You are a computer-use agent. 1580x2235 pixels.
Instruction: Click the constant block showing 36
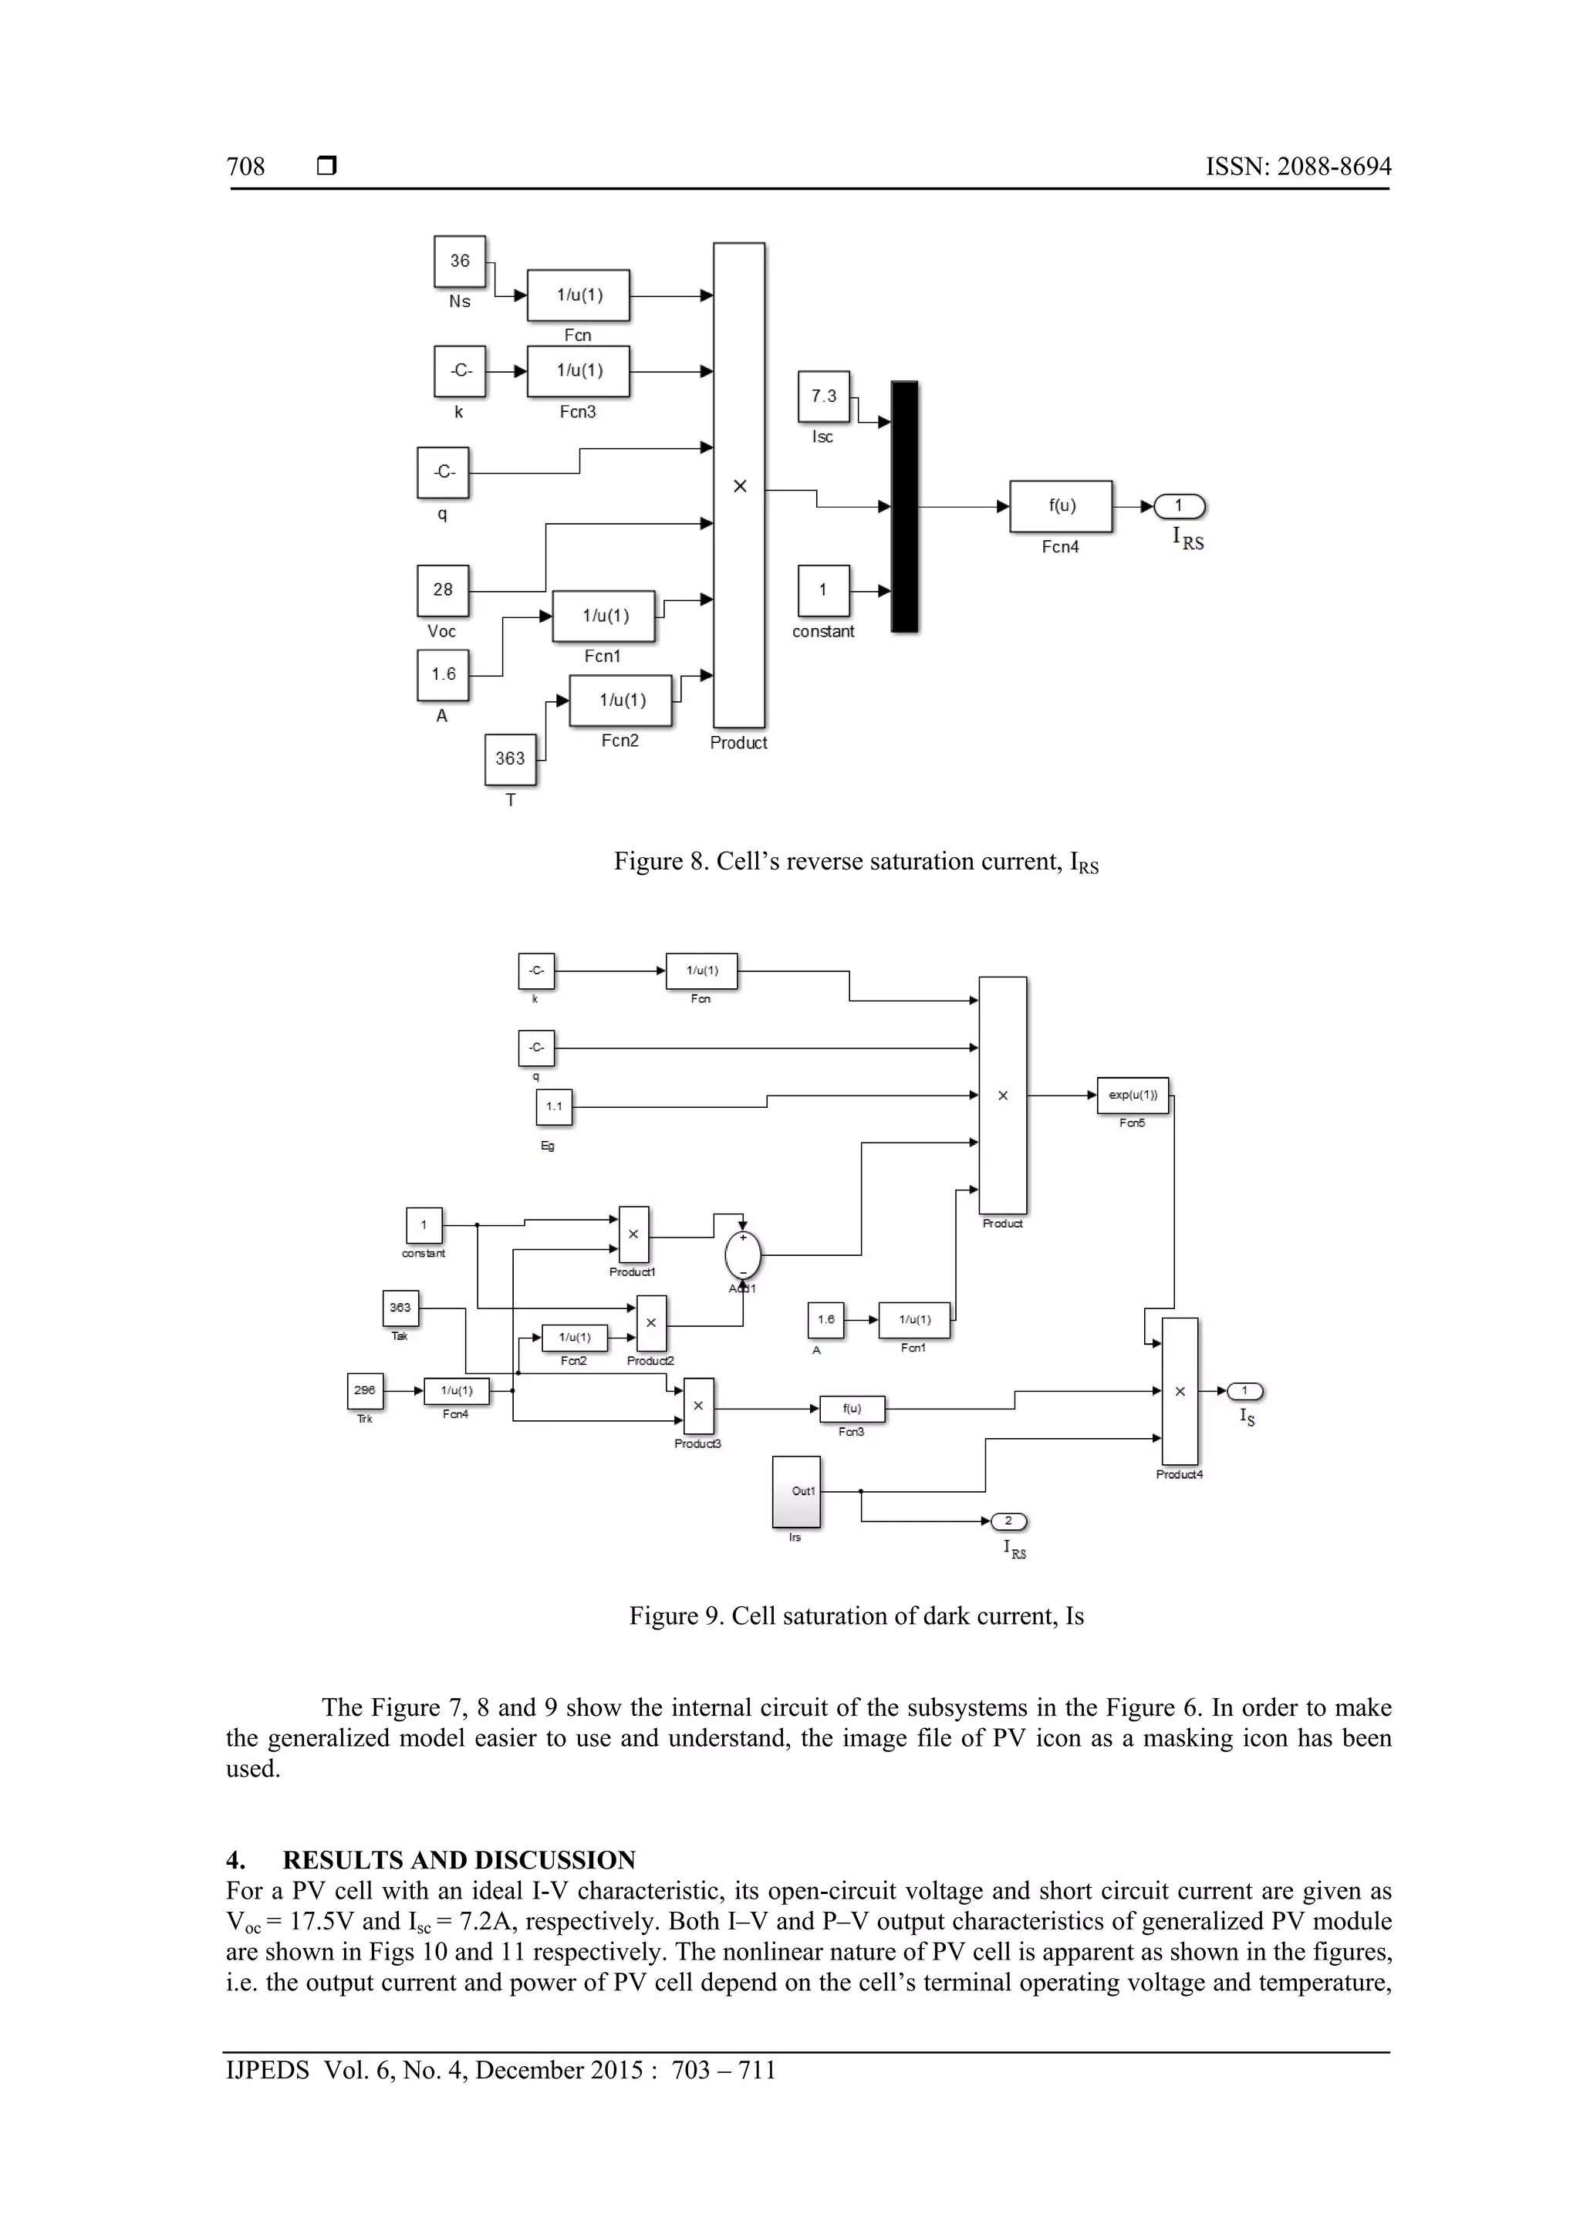[460, 262]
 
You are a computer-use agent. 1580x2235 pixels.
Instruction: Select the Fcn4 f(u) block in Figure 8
[1060, 506]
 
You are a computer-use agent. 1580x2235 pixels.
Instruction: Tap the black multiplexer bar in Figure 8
[904, 507]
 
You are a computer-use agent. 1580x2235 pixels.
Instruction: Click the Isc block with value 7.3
[824, 397]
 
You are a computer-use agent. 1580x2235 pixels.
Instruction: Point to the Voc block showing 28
[443, 590]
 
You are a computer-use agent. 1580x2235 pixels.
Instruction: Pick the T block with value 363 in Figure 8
[510, 759]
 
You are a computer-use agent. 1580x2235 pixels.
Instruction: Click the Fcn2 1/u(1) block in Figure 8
[621, 701]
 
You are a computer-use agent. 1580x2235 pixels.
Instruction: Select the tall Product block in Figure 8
[739, 484]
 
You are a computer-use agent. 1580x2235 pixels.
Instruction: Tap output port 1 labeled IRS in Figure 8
[1179, 506]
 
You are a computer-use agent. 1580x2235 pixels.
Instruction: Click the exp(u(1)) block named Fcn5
[1133, 1095]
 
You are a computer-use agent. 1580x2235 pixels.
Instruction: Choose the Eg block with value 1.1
[554, 1107]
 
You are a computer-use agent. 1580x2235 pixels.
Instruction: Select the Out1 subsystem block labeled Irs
[796, 1491]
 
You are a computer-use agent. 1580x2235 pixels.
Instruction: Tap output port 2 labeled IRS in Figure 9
[1008, 1521]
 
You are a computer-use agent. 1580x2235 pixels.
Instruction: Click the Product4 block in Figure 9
[1180, 1391]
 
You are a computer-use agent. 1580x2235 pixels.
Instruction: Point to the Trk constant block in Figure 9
[365, 1390]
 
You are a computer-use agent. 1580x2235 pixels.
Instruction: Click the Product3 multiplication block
[698, 1406]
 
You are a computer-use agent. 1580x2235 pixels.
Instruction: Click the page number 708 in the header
[245, 167]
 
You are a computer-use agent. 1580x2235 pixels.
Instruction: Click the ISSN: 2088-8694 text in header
[1298, 167]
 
